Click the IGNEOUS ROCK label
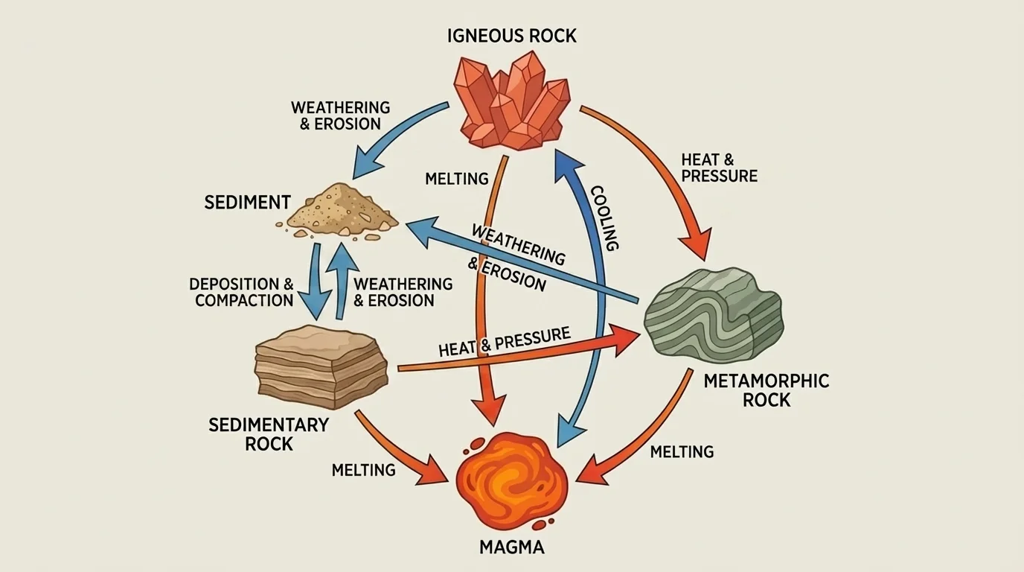[512, 35]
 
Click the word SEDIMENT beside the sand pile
[247, 202]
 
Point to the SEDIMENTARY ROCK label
[269, 434]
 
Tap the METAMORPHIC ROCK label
[766, 390]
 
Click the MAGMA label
[511, 548]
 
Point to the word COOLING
[604, 217]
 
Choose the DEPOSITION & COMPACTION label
[243, 293]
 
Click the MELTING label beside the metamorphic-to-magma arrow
[682, 452]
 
